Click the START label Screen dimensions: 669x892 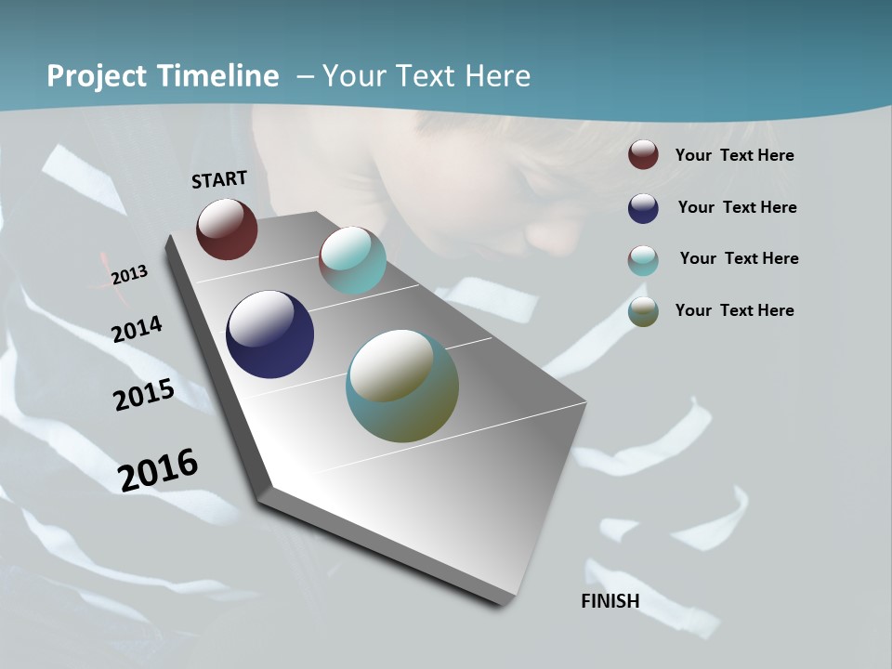(219, 179)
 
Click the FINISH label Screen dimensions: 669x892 (610, 601)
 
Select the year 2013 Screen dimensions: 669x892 (129, 275)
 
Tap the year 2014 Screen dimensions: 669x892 (138, 329)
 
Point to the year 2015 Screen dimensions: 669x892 (144, 395)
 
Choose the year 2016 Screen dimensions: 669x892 (159, 469)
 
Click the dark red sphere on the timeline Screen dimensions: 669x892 (227, 229)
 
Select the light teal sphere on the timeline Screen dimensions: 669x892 (352, 260)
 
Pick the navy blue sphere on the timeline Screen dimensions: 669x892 (269, 334)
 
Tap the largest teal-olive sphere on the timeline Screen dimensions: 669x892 (402, 386)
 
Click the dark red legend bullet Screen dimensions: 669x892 (643, 154)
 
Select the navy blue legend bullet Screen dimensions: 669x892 (643, 208)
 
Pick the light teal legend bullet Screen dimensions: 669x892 (643, 260)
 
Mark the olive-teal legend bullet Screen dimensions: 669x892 (643, 312)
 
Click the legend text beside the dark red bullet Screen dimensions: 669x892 (735, 155)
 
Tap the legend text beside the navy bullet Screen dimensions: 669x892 (738, 207)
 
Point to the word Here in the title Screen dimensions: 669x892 (497, 76)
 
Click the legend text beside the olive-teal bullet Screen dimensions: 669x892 (735, 310)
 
